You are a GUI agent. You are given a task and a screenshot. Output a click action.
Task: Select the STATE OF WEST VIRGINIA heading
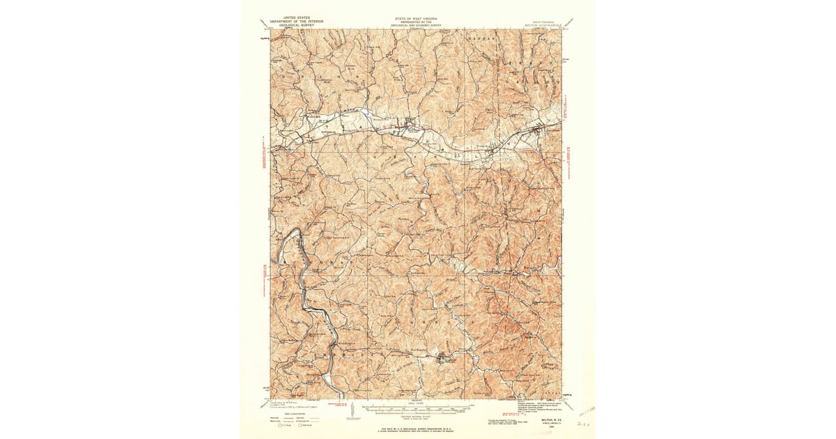point(417,13)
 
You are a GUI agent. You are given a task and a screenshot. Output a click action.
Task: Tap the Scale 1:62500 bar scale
point(417,405)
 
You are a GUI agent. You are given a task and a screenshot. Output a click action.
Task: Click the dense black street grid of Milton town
point(408,128)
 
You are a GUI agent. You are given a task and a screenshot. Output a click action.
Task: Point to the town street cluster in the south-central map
point(444,360)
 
